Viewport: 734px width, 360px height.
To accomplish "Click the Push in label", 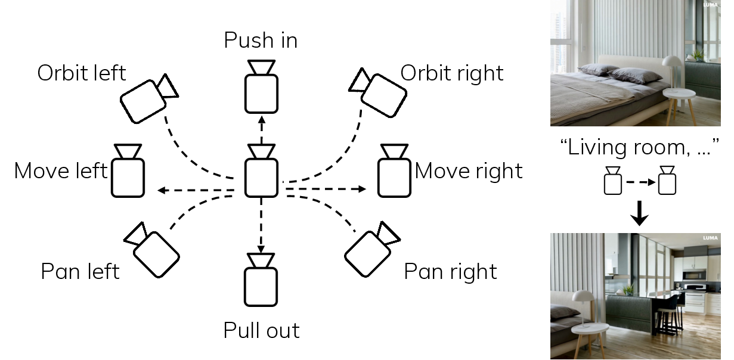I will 261,41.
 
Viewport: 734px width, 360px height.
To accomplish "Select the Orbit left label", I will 82,73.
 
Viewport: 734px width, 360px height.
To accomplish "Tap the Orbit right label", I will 452,73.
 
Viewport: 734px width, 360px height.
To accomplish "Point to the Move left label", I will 61,171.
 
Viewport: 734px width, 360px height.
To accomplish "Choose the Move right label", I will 469,171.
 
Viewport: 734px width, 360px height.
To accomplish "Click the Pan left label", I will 80,271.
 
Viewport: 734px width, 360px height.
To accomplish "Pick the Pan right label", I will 451,271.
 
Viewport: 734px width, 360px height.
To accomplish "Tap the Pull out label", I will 261,330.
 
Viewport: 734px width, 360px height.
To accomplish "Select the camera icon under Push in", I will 261,87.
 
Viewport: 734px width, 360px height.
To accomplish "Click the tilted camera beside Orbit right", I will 379,92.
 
